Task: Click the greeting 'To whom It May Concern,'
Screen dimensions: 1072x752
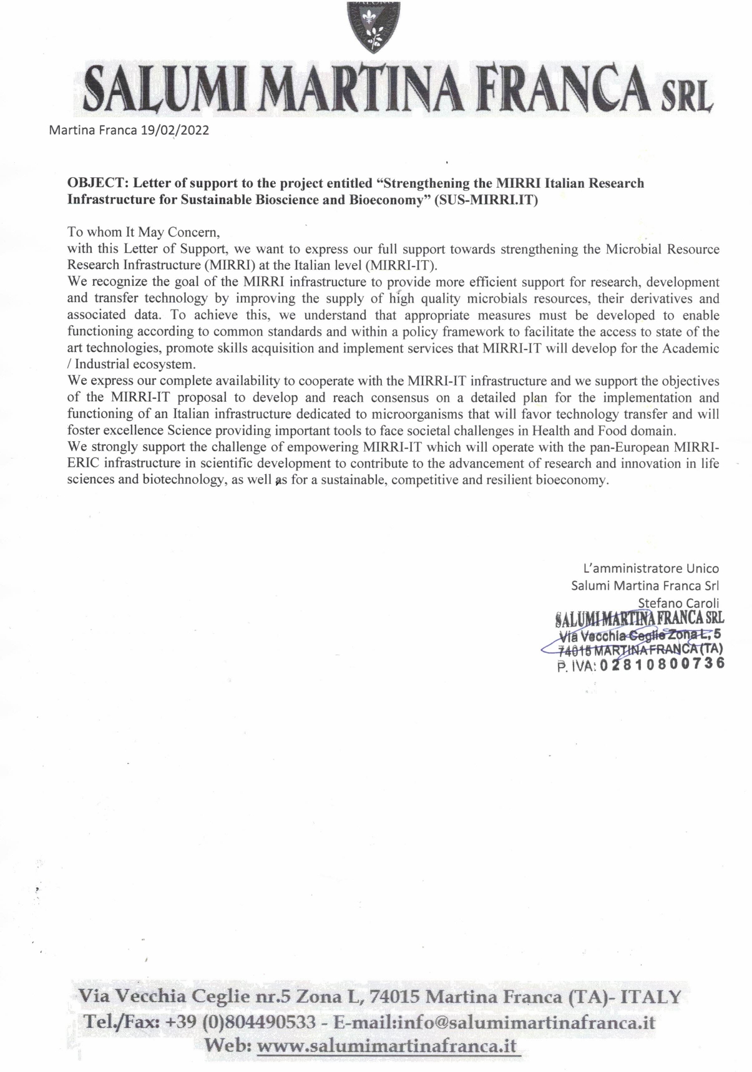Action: point(144,233)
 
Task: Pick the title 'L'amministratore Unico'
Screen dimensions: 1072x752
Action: point(650,568)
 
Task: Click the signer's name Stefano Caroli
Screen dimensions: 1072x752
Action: point(678,603)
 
